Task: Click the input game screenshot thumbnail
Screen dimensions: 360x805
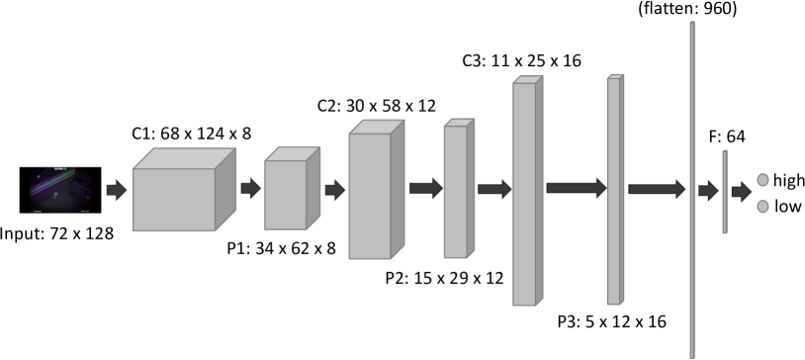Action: point(59,189)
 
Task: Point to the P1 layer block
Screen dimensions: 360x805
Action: point(288,192)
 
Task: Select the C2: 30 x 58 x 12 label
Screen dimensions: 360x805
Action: point(376,104)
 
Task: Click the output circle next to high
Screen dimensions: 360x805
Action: point(762,179)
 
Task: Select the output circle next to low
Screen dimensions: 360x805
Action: point(762,207)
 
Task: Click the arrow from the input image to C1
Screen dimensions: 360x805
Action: point(116,188)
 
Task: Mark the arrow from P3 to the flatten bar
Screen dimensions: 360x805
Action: point(656,188)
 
